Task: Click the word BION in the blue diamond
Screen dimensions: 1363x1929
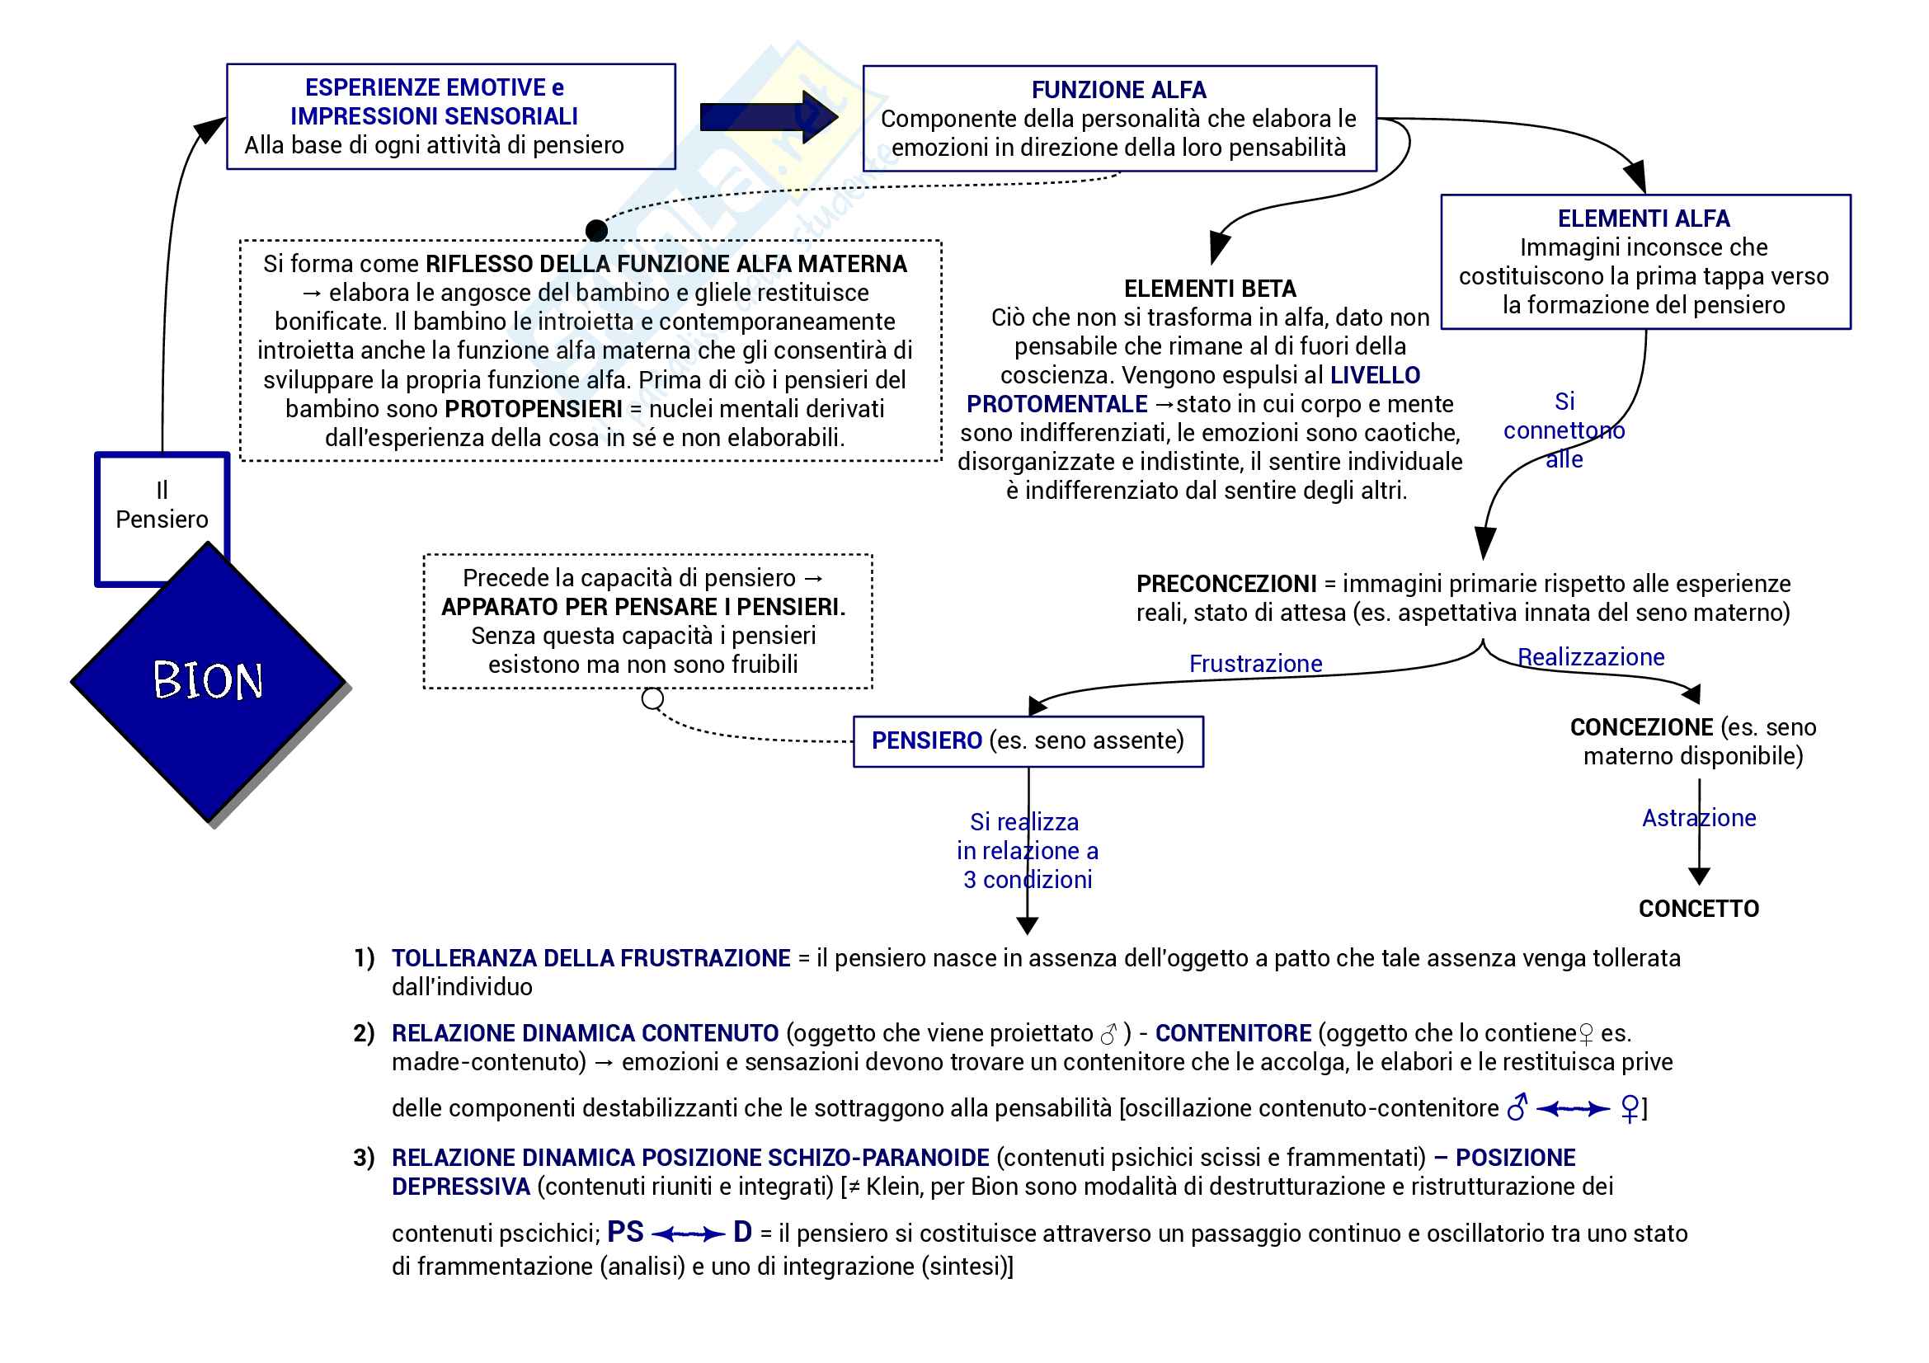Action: pyautogui.click(x=208, y=680)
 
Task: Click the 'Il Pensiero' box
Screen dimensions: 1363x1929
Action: pyautogui.click(x=162, y=505)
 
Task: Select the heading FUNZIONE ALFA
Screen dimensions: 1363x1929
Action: pyautogui.click(x=1118, y=90)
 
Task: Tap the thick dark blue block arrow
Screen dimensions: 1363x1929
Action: pyautogui.click(x=767, y=117)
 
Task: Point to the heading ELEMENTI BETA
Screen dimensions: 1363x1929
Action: pyautogui.click(x=1210, y=289)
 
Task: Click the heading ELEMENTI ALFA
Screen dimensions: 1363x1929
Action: pyautogui.click(x=1644, y=219)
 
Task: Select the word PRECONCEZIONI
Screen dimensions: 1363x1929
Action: pyautogui.click(x=1226, y=584)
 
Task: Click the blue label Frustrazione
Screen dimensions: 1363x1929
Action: pyautogui.click(x=1255, y=664)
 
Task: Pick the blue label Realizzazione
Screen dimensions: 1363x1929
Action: pyautogui.click(x=1590, y=656)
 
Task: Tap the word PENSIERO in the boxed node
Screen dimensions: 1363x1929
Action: pyautogui.click(x=926, y=740)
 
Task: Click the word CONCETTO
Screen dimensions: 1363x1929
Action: pyautogui.click(x=1698, y=909)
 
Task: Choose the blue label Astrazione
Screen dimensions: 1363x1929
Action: pyautogui.click(x=1699, y=818)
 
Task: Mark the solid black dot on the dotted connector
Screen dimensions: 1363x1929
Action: pyautogui.click(x=596, y=230)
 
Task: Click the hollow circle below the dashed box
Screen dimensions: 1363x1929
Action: pyautogui.click(x=653, y=698)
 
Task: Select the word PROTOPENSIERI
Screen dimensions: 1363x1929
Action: pyautogui.click(x=534, y=409)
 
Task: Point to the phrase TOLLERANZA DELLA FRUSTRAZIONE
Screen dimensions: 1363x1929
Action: pyautogui.click(x=590, y=958)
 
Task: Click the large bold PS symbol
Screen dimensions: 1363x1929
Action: pyautogui.click(x=625, y=1232)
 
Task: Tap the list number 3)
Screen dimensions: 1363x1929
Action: pyautogui.click(x=364, y=1157)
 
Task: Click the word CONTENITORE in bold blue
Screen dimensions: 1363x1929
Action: pyautogui.click(x=1232, y=1033)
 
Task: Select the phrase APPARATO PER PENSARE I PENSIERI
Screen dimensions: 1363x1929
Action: pyautogui.click(x=642, y=607)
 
